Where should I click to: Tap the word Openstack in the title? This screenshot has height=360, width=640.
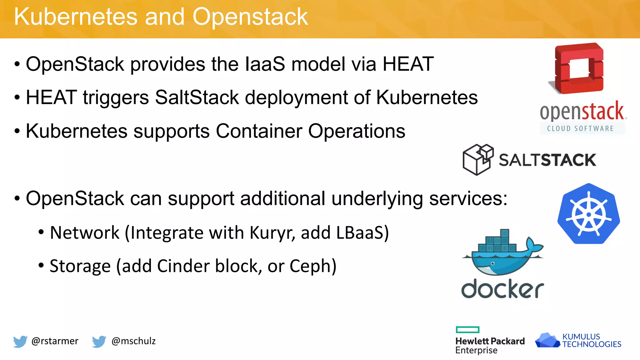coord(250,17)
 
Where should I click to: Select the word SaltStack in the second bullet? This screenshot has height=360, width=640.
coord(197,97)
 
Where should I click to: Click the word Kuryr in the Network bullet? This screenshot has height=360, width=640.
coord(272,233)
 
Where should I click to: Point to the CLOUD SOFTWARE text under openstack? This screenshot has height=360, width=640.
coord(580,128)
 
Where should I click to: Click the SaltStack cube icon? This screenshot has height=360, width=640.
coord(478,159)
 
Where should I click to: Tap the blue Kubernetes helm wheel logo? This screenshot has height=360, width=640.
coord(588,214)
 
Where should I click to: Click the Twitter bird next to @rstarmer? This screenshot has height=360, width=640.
coord(20,341)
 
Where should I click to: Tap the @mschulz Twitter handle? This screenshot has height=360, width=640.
coord(133,341)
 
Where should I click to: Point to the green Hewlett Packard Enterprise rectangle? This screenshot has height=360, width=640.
coord(467,330)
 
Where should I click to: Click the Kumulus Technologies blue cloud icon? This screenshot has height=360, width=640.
coord(547,340)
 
